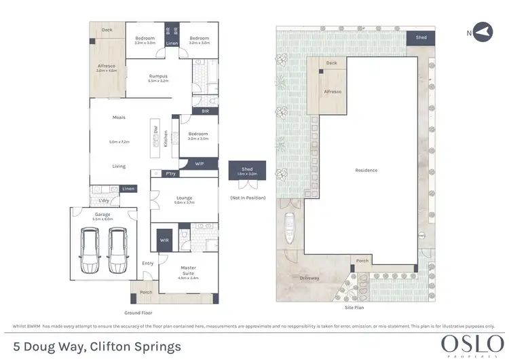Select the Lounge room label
click(x=185, y=198)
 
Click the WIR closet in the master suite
click(x=164, y=240)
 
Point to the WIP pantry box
click(x=200, y=164)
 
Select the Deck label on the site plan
click(x=331, y=63)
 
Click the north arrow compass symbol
click(x=482, y=32)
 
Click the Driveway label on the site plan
click(x=309, y=278)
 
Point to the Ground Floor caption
click(x=138, y=312)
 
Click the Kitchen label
click(x=166, y=139)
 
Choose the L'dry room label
click(x=104, y=201)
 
